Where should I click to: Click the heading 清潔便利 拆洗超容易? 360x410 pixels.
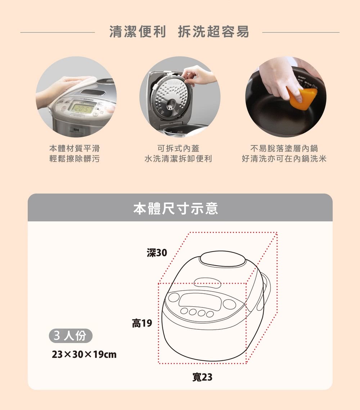click(x=179, y=32)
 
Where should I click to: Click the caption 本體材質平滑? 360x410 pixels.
click(x=75, y=148)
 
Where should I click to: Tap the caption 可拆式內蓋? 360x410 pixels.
click(x=178, y=148)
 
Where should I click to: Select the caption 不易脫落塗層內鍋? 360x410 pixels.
click(x=284, y=148)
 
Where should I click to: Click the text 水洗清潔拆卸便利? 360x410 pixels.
click(x=178, y=158)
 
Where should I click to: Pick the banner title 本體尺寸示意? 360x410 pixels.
click(x=176, y=208)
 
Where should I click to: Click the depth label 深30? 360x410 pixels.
click(x=157, y=253)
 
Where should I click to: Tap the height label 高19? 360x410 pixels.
click(x=142, y=323)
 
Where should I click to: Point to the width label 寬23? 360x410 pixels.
click(x=202, y=377)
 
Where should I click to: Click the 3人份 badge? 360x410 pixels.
click(x=71, y=336)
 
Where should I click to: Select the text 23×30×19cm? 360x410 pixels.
click(x=84, y=355)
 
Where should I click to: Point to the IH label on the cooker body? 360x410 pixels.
click(x=76, y=130)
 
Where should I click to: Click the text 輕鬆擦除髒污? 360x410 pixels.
click(x=75, y=158)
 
